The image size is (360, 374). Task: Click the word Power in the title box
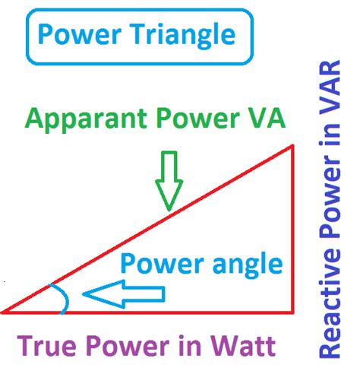[79, 34]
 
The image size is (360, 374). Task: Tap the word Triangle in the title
[184, 36]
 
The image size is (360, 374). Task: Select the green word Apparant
[86, 119]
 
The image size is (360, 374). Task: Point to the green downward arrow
[169, 181]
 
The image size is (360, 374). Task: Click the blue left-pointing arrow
[124, 294]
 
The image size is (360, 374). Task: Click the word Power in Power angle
[163, 263]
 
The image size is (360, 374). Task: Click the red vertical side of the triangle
[292, 229]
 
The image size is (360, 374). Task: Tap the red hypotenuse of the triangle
[147, 229]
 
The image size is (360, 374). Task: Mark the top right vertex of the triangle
[292, 145]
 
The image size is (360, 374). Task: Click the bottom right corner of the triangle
[292, 312]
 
